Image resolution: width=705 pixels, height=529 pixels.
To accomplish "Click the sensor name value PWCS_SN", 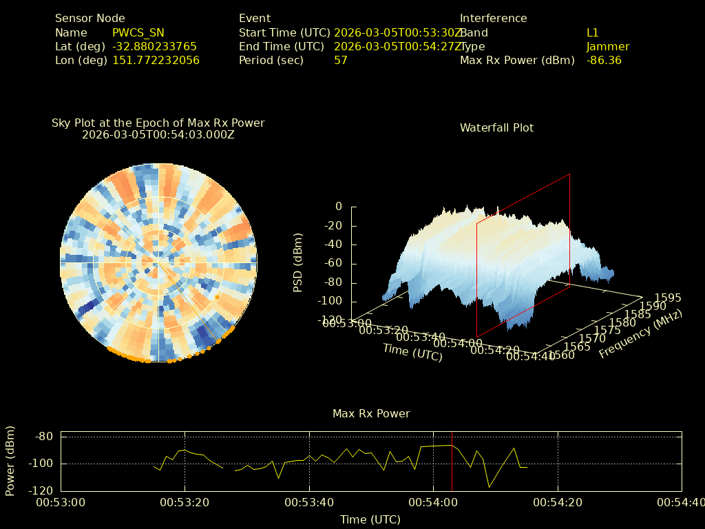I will tap(138, 32).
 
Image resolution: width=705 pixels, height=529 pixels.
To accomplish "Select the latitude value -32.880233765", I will tap(154, 46).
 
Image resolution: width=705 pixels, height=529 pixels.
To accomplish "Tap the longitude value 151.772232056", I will tap(156, 60).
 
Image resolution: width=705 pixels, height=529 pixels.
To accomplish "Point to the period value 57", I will tap(340, 60).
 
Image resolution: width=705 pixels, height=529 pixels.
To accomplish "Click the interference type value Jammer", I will tap(608, 46).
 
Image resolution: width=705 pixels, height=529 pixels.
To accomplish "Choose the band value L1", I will tap(593, 32).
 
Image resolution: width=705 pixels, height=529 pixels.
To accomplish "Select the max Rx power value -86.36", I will tap(604, 60).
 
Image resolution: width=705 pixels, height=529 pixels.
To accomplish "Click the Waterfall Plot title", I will tap(496, 127).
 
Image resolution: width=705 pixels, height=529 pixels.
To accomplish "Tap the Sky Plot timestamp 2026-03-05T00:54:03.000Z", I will tap(158, 134).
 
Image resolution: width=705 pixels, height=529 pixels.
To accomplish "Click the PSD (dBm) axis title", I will tap(298, 262).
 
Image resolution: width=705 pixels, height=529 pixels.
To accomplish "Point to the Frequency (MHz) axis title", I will tap(640, 334).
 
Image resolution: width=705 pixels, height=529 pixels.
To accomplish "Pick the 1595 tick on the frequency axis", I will tap(668, 298).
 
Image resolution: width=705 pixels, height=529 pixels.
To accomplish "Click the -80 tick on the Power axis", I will tap(45, 437).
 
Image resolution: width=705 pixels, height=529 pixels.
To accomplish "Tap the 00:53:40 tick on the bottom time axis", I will tap(309, 503).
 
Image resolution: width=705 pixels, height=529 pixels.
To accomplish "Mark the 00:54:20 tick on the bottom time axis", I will tap(558, 503).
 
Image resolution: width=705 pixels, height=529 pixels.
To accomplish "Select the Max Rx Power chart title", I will tap(371, 413).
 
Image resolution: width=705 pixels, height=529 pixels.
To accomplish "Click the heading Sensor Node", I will tap(90, 19).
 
